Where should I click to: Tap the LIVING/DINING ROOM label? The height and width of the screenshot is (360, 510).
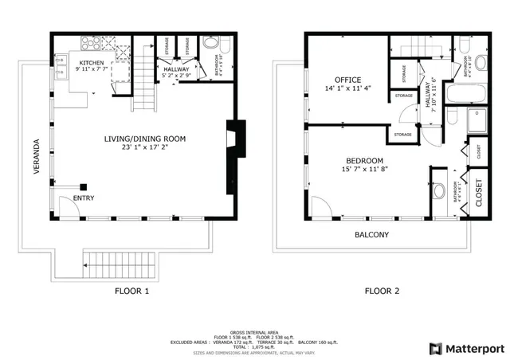[144, 139]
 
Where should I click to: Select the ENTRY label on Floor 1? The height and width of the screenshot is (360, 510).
[84, 198]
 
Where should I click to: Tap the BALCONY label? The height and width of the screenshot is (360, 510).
[371, 235]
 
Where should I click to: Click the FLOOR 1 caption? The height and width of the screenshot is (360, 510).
[131, 291]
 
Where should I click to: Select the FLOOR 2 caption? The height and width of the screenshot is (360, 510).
[382, 291]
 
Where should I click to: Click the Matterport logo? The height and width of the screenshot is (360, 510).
[467, 348]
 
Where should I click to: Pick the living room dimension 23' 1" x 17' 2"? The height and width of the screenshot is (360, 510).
[144, 147]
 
